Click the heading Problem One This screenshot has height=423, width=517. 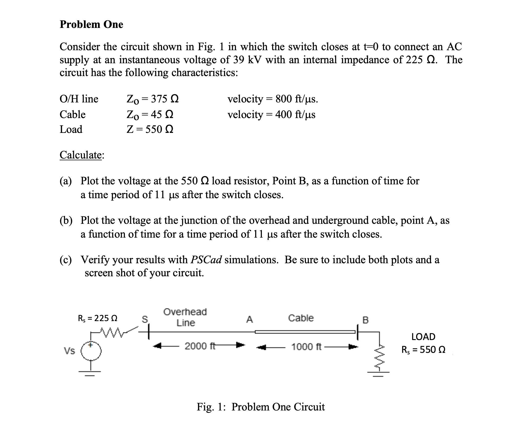pyautogui.click(x=91, y=24)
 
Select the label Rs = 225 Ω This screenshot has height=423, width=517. pyautogui.click(x=98, y=318)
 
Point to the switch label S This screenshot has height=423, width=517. pyautogui.click(x=145, y=319)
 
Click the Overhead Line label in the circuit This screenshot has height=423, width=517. pyautogui.click(x=185, y=317)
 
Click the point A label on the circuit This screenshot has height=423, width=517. pyautogui.click(x=249, y=320)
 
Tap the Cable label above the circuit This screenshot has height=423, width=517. pyautogui.click(x=301, y=318)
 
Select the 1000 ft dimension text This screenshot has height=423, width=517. pyautogui.click(x=306, y=347)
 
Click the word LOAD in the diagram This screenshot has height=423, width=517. pyautogui.click(x=423, y=337)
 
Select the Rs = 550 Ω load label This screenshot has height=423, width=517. pyautogui.click(x=423, y=350)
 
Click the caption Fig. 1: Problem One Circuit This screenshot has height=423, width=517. pyautogui.click(x=261, y=407)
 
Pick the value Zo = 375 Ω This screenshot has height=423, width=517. pyautogui.click(x=153, y=99)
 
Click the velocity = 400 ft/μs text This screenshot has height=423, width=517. pyautogui.click(x=271, y=114)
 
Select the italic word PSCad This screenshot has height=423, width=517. pyautogui.click(x=206, y=260)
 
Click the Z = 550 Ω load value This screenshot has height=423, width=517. pyautogui.click(x=150, y=130)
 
